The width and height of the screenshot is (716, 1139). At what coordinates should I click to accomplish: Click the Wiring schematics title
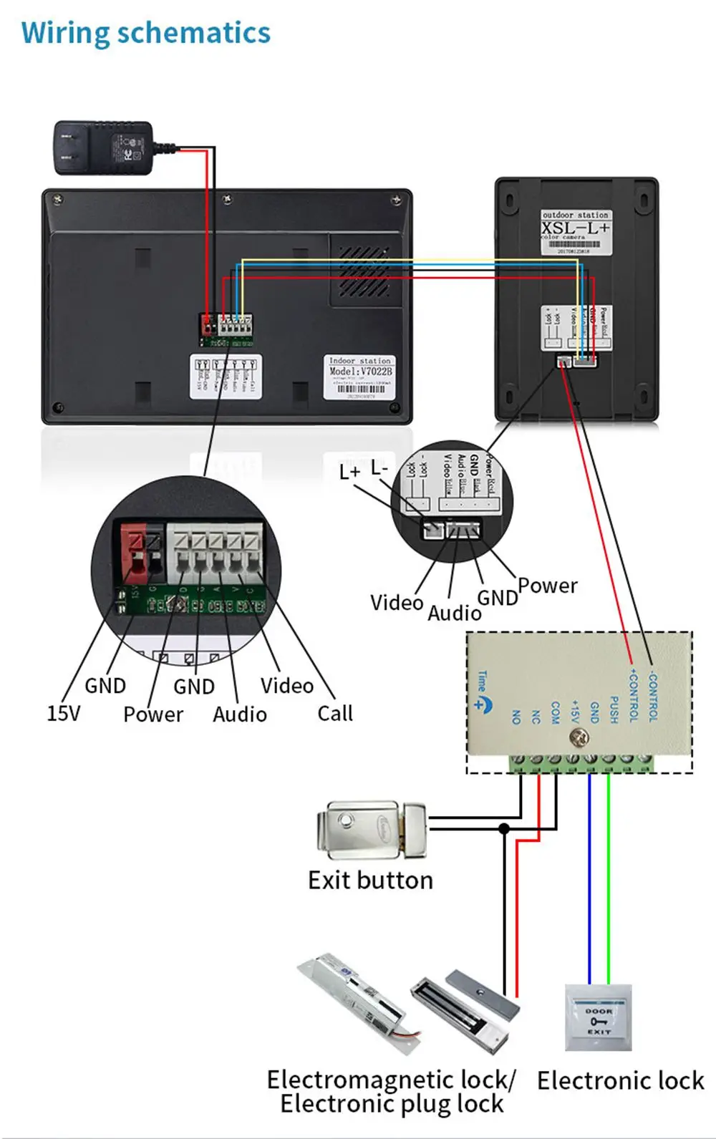146,34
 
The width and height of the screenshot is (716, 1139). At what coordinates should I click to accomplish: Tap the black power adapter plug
104,147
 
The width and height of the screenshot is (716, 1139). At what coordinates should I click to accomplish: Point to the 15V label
63,713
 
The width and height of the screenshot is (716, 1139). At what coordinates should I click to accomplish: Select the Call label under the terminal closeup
335,713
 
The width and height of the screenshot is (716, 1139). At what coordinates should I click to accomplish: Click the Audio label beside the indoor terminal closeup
239,714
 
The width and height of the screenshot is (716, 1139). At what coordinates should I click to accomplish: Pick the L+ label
349,472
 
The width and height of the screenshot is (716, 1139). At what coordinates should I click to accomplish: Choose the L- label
379,468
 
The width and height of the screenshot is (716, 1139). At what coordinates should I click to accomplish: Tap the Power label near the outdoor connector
547,586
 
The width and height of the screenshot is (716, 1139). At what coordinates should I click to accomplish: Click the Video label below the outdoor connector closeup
396,603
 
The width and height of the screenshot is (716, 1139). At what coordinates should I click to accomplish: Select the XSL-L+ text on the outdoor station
576,228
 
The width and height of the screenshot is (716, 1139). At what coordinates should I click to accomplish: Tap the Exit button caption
370,880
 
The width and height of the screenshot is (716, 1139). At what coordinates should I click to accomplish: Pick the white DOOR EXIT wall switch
599,1017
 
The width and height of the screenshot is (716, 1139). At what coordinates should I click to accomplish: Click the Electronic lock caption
620,1080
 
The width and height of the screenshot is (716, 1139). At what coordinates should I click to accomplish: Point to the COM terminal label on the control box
556,712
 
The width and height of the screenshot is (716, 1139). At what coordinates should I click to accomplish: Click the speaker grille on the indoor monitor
364,272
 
